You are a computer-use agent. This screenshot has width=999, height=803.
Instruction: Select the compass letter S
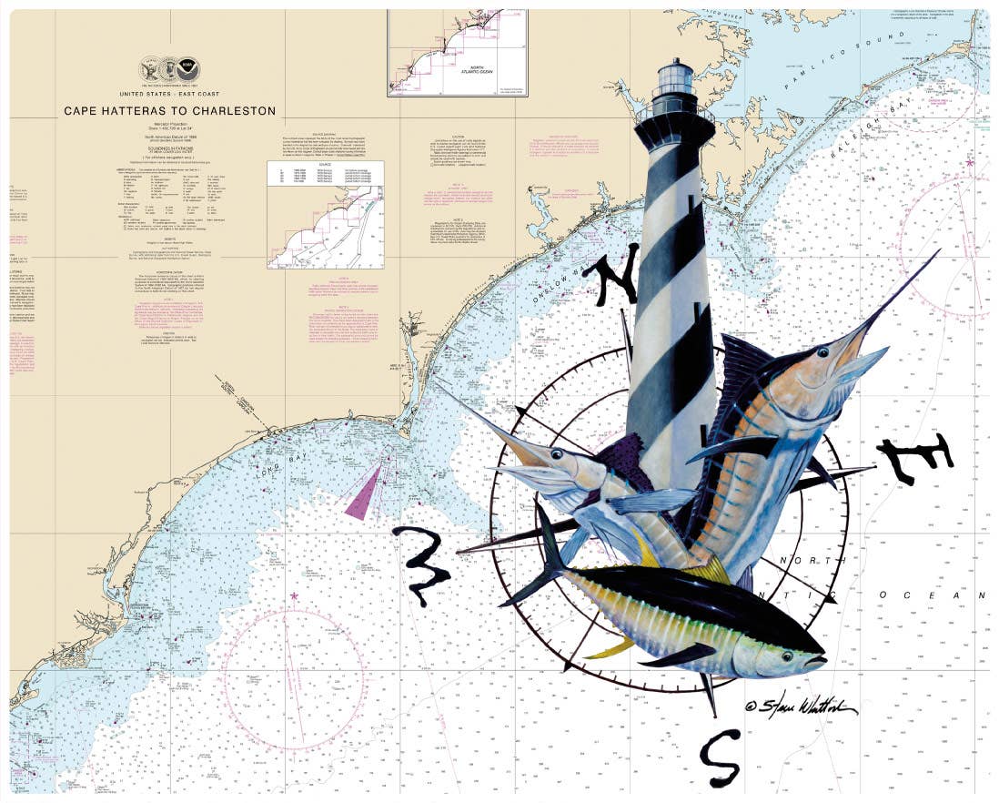(x=719, y=758)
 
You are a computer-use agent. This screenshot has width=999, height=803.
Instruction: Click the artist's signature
(x=801, y=706)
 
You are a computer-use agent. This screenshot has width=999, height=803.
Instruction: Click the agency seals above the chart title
(x=169, y=70)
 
